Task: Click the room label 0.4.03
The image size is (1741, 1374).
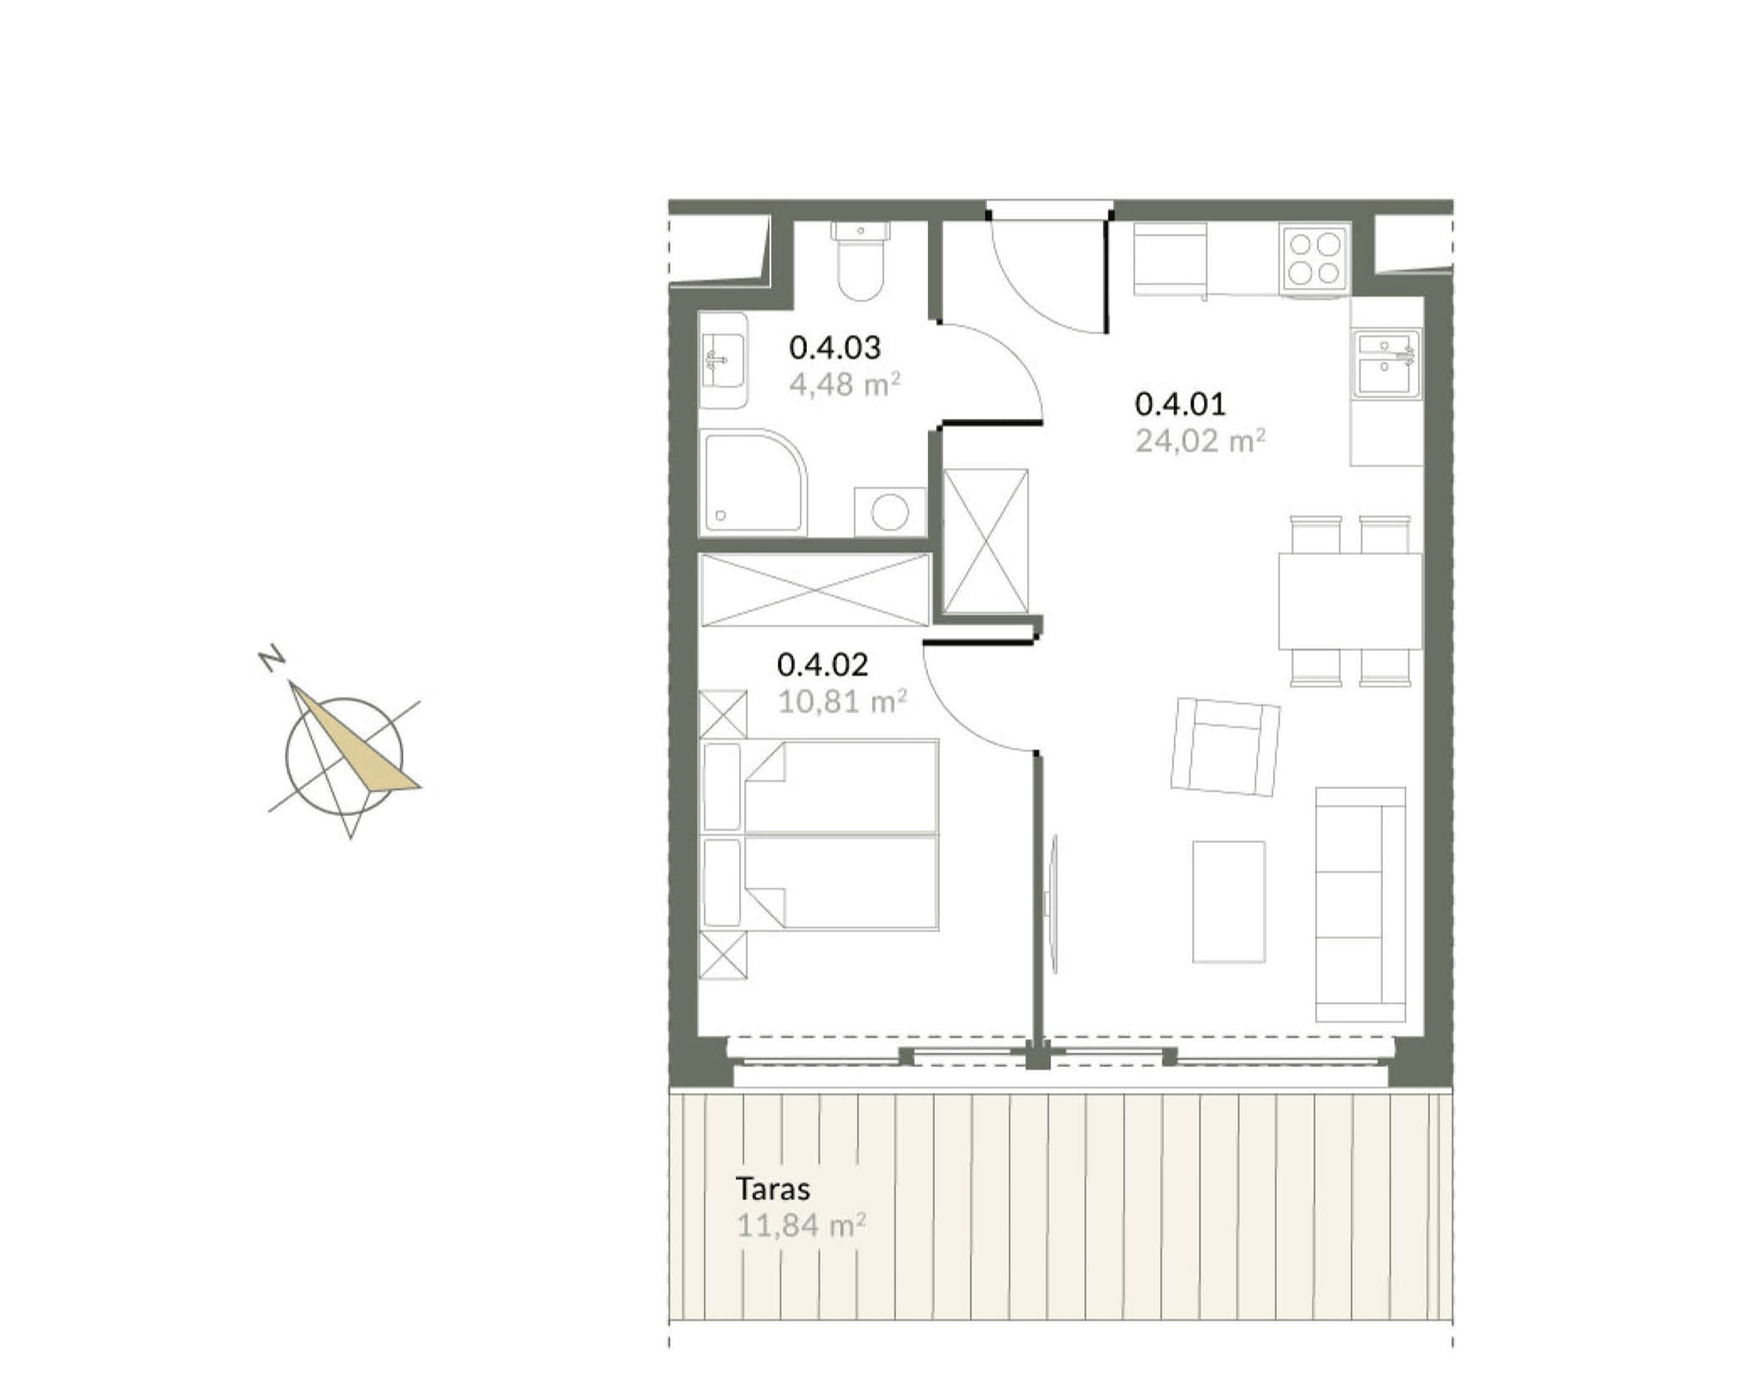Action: (834, 348)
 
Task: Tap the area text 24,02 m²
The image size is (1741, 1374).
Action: (1200, 441)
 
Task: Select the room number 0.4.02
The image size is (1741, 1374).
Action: (822, 665)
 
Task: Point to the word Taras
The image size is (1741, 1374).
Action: (773, 1189)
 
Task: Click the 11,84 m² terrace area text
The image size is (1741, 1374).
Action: (801, 1226)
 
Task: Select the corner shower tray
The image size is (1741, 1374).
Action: (753, 481)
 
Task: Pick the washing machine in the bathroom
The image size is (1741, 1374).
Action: (890, 511)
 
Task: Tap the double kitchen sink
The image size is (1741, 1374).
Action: (1385, 364)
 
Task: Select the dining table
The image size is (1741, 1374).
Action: (1350, 600)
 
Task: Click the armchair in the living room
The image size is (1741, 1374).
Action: (1225, 747)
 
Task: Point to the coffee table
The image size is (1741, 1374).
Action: (1228, 902)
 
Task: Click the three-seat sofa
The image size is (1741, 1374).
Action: (1360, 904)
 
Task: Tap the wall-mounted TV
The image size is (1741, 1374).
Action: (1051, 904)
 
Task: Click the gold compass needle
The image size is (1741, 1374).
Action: (355, 736)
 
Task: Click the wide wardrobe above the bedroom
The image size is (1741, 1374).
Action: (815, 590)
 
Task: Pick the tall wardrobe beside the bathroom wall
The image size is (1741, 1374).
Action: (986, 541)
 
